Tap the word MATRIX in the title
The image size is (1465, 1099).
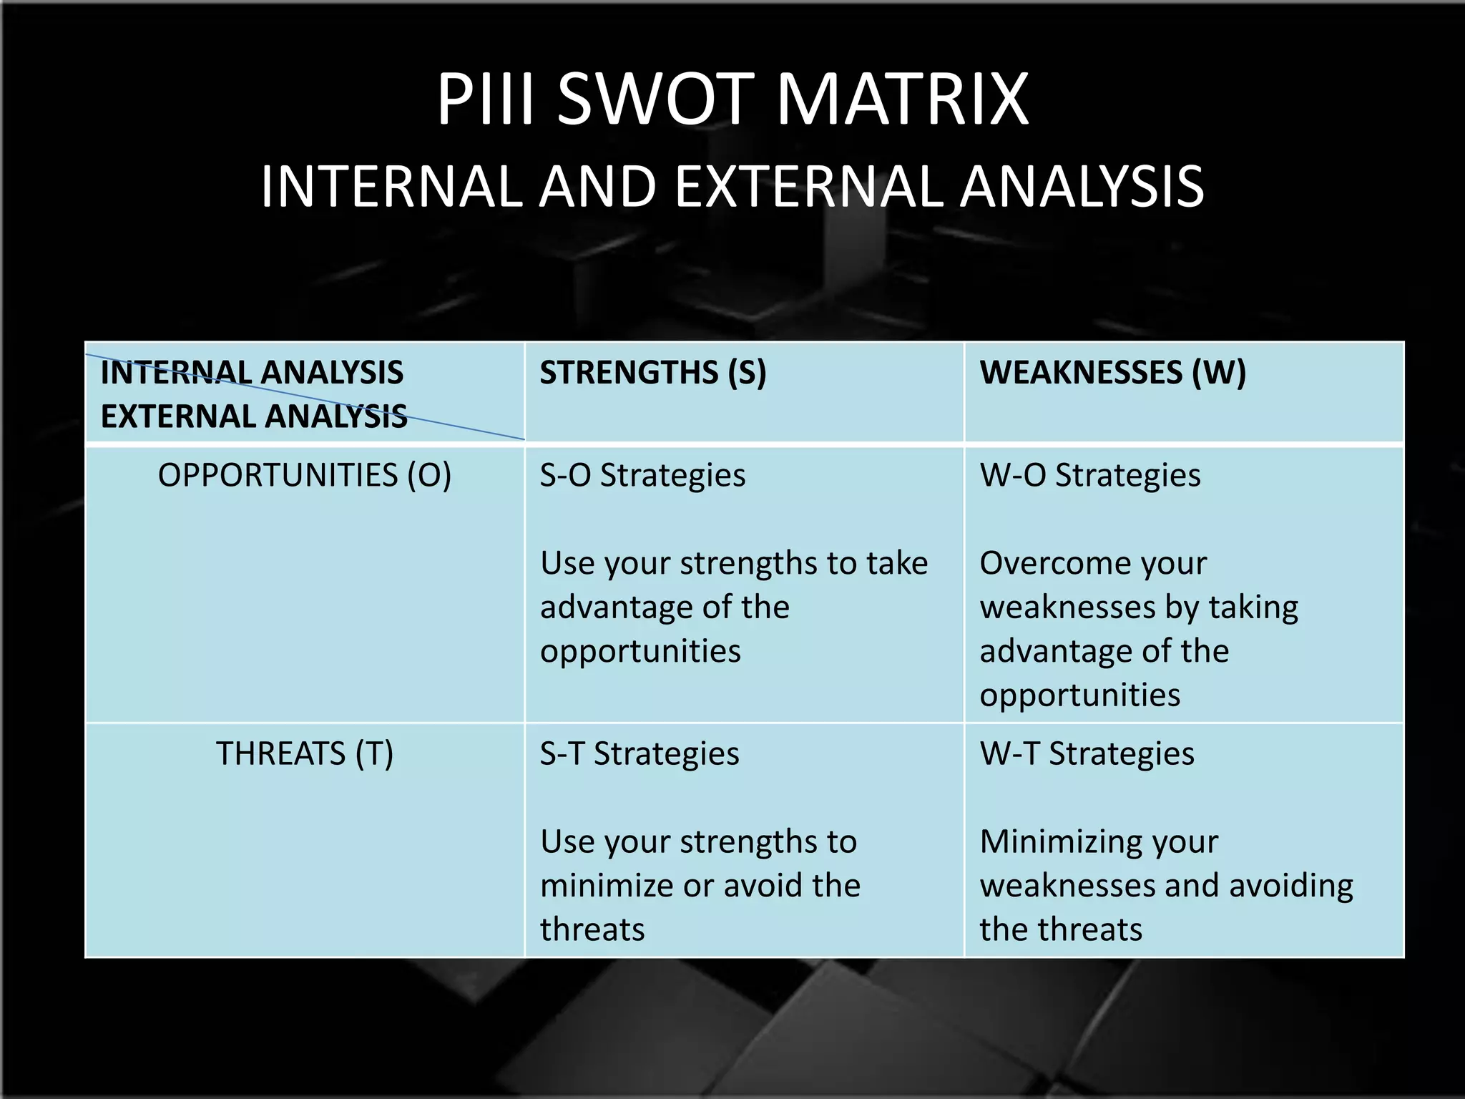[903, 100]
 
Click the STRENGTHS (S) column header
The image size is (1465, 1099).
[652, 373]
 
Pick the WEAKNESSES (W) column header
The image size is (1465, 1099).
[1112, 373]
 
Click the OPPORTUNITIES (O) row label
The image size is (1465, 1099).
[305, 476]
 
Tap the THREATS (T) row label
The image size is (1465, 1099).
[305, 754]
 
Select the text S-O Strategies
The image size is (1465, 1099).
[642, 476]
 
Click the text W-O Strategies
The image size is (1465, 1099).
[1090, 476]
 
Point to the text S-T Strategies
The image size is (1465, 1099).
[640, 754]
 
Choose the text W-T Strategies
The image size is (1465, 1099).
[1087, 754]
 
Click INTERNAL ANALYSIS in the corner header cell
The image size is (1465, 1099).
[252, 373]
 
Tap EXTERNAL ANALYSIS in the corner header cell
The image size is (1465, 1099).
[254, 417]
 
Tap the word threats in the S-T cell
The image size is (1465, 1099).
[592, 930]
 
